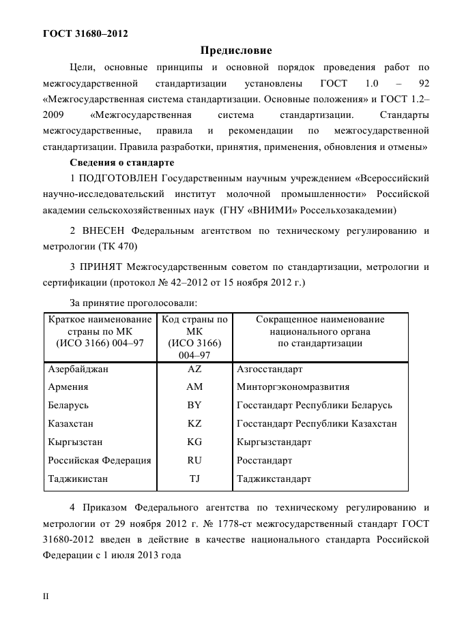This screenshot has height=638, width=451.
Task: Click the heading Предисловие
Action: point(235,50)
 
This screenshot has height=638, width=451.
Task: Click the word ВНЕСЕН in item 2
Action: point(103,230)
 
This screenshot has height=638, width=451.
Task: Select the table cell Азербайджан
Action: point(78,369)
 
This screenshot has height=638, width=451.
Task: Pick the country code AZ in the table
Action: point(194,369)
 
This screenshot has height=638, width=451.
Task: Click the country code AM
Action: point(194,387)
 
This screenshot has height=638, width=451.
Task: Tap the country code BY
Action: point(194,406)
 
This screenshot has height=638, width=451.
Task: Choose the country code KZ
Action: point(194,424)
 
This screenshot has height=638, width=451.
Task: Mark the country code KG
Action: point(194,442)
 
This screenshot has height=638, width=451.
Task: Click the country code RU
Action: point(194,461)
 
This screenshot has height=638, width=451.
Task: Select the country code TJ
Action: point(194,479)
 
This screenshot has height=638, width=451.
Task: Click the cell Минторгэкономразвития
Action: point(293,387)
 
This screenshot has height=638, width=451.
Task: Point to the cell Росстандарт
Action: point(264,461)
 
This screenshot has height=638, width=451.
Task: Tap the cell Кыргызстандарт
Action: point(274,442)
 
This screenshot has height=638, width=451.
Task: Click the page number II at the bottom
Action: point(46,596)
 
